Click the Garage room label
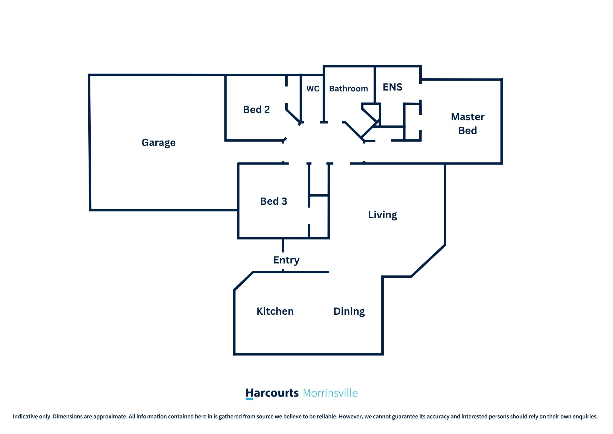[158, 143]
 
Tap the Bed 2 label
[256, 109]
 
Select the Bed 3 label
[274, 201]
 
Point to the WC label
[313, 89]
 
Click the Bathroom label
[348, 89]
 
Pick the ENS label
[392, 87]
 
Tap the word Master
[468, 117]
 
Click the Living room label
[383, 215]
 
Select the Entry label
[286, 260]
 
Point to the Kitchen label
[275, 311]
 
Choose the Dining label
[349, 311]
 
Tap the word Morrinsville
[330, 393]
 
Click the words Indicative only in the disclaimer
[32, 416]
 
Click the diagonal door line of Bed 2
[294, 117]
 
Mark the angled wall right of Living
[428, 261]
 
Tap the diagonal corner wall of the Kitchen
[243, 281]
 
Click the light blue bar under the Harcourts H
[249, 399]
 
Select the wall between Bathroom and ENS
[375, 85]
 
